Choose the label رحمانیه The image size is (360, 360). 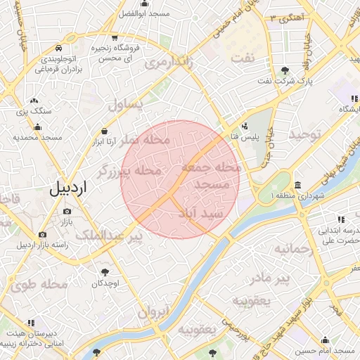[x=292, y=249]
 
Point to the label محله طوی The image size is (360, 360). [x=40, y=285]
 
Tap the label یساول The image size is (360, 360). [x=126, y=105]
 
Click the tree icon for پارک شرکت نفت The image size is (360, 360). [x=284, y=70]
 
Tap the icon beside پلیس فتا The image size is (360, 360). [x=244, y=127]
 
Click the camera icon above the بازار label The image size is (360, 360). [x=67, y=211]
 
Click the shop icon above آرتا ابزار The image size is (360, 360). [x=105, y=130]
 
